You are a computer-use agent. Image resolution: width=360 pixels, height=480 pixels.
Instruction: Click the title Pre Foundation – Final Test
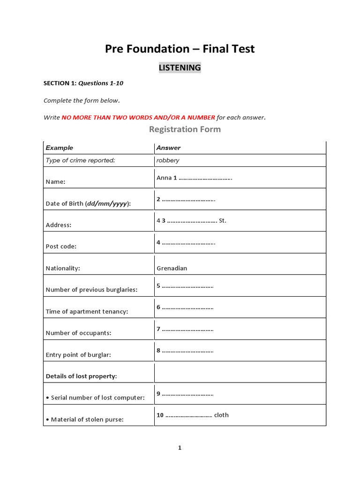click(180, 49)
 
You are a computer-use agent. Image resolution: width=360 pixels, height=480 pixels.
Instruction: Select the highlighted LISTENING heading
click(180, 67)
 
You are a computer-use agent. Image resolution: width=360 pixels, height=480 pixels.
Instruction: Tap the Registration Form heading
click(185, 129)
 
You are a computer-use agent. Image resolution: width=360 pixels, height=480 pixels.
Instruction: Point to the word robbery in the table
click(168, 160)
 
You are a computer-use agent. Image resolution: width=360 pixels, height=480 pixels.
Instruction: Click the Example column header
click(60, 148)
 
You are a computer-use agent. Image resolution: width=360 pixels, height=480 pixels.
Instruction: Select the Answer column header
click(168, 148)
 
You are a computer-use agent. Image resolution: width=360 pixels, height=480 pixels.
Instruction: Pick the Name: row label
click(55, 182)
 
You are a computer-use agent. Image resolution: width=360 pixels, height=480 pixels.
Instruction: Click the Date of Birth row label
click(88, 203)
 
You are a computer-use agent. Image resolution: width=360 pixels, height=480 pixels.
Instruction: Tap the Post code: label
click(61, 247)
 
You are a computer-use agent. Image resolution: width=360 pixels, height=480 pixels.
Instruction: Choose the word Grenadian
click(172, 268)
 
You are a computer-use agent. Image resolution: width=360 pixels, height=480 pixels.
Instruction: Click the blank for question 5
click(187, 285)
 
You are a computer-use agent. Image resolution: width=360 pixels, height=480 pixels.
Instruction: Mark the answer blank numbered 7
click(187, 329)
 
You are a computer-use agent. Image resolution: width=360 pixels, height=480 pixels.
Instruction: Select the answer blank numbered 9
click(187, 393)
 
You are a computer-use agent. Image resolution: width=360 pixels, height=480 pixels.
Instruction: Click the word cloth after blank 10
click(221, 415)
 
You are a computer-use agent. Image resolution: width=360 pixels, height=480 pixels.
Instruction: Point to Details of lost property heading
click(81, 376)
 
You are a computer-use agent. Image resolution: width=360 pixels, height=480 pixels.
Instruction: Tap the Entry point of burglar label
click(78, 355)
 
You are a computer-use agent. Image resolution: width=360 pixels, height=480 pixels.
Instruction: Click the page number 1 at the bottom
click(180, 448)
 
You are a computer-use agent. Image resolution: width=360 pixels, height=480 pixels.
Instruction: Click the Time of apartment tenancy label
click(87, 311)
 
